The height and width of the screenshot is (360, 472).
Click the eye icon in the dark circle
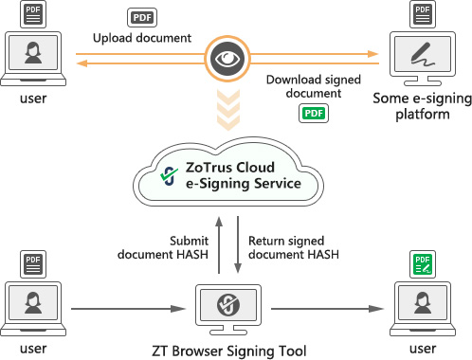tap(226, 58)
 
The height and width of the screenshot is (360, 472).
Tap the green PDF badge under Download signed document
tap(313, 114)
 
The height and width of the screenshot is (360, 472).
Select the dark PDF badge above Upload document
tap(141, 17)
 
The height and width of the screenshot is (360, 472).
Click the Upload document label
tap(142, 39)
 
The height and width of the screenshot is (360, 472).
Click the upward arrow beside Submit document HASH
tap(219, 244)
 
